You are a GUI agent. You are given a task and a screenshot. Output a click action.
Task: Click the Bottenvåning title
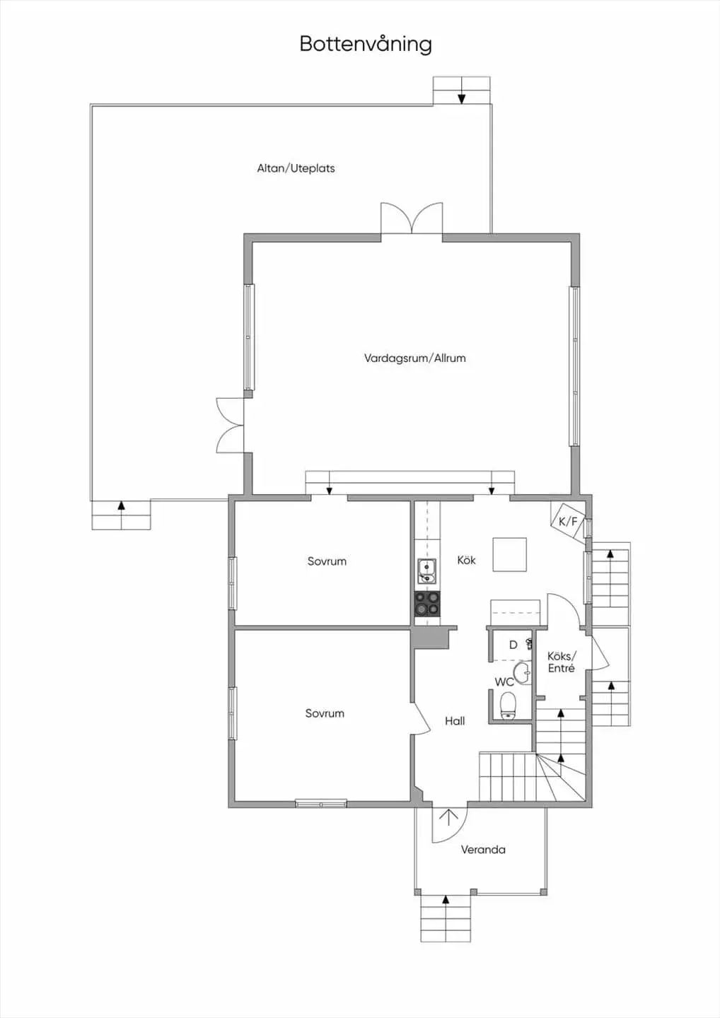pos(366,45)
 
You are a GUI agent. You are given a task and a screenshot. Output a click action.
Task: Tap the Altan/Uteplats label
pos(296,168)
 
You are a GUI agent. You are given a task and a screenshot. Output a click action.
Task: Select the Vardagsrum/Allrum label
pos(414,358)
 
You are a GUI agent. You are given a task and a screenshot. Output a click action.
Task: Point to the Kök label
pos(466,560)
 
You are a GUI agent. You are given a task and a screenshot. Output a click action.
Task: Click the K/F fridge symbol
pos(568,522)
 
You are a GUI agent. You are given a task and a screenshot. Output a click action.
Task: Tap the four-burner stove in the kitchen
pos(427,603)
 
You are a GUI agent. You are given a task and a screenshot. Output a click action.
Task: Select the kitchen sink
pos(426,572)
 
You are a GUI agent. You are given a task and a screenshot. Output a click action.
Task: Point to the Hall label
pos(455,721)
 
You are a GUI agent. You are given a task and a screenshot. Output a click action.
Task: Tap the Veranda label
pos(483,850)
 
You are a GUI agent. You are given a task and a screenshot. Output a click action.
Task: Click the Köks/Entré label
pos(562,662)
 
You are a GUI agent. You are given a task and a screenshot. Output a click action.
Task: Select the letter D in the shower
pos(513,645)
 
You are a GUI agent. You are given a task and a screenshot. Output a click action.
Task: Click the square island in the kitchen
pos(509,554)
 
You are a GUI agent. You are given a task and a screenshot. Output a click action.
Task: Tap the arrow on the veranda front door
pos(448,817)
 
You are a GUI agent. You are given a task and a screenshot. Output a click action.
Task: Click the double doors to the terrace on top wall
pos(412,218)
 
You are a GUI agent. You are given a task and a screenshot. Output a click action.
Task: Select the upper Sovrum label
pos(327,561)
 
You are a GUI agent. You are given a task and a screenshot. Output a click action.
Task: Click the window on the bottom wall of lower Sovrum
pos(321,804)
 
